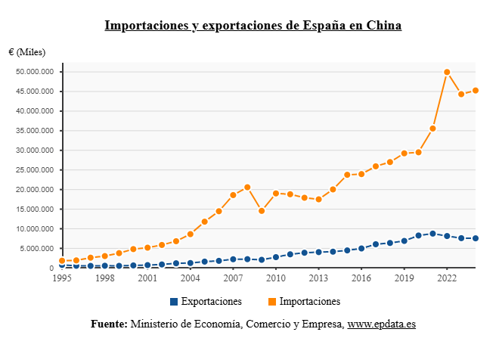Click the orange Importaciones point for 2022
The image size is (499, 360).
click(x=447, y=72)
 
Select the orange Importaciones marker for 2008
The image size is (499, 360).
click(x=247, y=188)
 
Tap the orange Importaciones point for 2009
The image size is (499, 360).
click(x=262, y=211)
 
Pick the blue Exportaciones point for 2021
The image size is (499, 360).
click(x=432, y=234)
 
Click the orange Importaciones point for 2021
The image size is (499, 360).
click(x=432, y=129)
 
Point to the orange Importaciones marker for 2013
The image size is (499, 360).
click(x=318, y=199)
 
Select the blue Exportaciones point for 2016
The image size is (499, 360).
click(x=361, y=248)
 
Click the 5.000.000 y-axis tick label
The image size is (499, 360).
click(x=39, y=249)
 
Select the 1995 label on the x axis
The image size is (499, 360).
click(x=62, y=278)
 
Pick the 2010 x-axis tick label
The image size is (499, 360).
click(x=275, y=278)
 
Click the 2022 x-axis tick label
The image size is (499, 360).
click(x=447, y=278)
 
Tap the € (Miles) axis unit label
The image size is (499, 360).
click(x=27, y=52)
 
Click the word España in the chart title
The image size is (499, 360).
click(x=324, y=26)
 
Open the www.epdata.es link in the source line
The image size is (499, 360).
click(x=381, y=324)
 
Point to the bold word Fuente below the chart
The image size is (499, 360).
click(x=109, y=324)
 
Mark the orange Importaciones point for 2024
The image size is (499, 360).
click(x=476, y=91)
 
